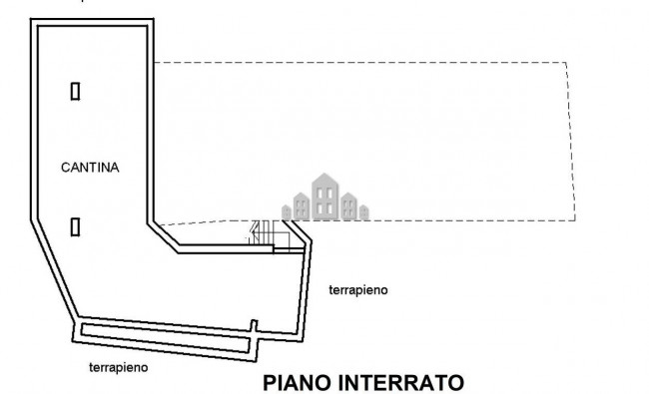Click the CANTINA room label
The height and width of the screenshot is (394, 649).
[x=90, y=169]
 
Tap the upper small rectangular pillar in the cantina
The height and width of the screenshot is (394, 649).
[x=75, y=91]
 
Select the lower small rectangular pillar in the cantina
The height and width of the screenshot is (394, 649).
[x=75, y=225]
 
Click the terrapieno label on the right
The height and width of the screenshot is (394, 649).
[x=357, y=290]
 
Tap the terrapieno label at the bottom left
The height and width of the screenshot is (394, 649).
[x=118, y=367]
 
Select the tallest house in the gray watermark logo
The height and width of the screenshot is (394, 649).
[x=325, y=195]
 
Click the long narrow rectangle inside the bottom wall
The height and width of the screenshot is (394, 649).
[x=165, y=334]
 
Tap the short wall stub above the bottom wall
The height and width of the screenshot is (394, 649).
[x=254, y=326]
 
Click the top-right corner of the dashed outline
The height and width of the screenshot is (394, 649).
[x=567, y=62]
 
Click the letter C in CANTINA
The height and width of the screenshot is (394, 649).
[x=65, y=169]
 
